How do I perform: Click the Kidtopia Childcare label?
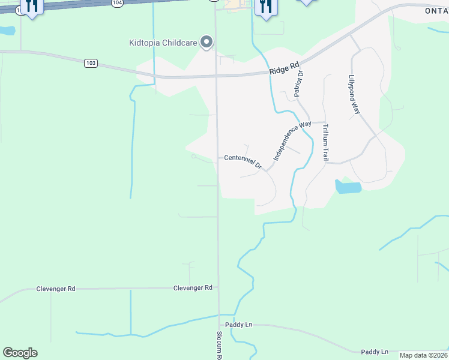click(x=163, y=42)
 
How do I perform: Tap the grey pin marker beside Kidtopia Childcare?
click(x=207, y=42)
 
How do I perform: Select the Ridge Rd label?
click(x=284, y=70)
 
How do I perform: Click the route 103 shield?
click(x=91, y=63)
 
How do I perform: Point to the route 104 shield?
click(x=116, y=2)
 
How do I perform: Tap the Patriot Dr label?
click(x=298, y=83)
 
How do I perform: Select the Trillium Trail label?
click(x=325, y=142)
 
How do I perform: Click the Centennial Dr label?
click(x=243, y=160)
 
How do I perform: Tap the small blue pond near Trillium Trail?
click(x=348, y=187)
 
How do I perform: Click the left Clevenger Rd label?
click(x=56, y=289)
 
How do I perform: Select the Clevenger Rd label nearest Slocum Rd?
click(x=193, y=288)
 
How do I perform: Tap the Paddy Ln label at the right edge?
click(x=375, y=352)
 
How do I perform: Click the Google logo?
click(x=20, y=353)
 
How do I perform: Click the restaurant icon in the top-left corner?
click(x=32, y=6)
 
